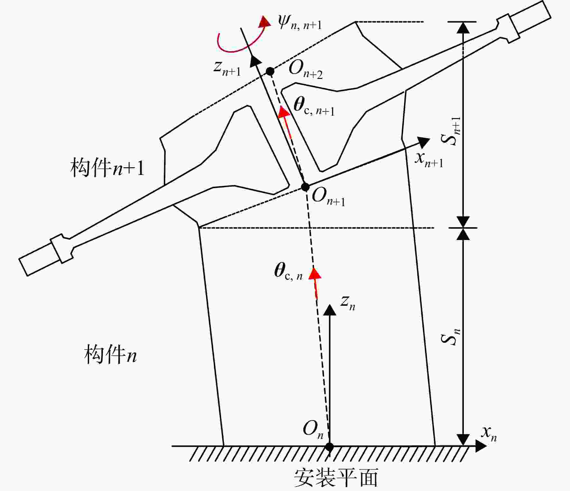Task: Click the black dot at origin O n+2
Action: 270,71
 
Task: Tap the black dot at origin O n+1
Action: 305,187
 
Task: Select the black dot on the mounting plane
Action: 329,447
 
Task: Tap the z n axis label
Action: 348,303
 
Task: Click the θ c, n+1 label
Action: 314,106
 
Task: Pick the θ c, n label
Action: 289,271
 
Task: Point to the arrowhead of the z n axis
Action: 329,310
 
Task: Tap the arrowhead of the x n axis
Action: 481,446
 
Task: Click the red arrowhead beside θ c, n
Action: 315,273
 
